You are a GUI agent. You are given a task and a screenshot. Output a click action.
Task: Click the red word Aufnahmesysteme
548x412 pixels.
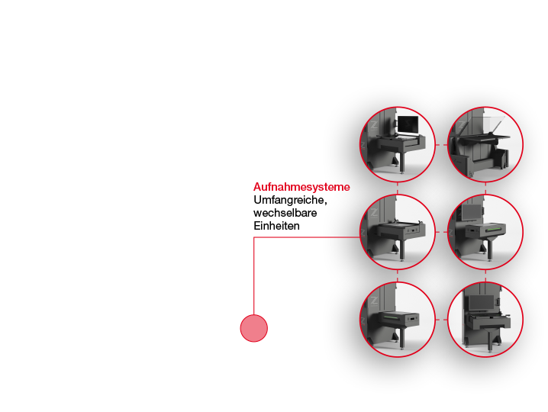(x=301, y=187)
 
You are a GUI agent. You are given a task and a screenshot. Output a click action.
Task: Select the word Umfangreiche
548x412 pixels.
(x=289, y=200)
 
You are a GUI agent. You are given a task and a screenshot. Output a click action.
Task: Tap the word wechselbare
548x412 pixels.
(x=285, y=213)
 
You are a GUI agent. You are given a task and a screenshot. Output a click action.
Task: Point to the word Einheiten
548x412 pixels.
(x=276, y=226)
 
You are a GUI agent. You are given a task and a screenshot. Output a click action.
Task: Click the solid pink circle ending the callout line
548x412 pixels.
(x=254, y=328)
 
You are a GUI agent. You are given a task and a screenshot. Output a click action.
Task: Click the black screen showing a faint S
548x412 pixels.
(x=408, y=125)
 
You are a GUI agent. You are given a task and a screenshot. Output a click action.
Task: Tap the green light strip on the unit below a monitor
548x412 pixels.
(x=494, y=229)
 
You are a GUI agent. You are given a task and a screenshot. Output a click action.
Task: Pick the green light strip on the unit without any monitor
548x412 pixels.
(x=392, y=317)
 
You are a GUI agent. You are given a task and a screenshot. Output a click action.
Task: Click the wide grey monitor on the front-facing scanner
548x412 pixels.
(x=482, y=303)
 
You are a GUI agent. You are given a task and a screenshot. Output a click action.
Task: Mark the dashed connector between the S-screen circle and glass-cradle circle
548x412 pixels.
(x=441, y=144)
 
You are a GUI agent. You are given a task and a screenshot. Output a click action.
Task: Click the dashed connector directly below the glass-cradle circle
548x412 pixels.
(x=485, y=188)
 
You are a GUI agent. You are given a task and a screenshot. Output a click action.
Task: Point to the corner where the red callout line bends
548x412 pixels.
(x=254, y=237)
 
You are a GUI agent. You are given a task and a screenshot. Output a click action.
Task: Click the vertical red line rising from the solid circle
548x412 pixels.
(x=254, y=276)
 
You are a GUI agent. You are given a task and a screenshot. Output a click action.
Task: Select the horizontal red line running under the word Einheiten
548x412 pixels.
(x=307, y=237)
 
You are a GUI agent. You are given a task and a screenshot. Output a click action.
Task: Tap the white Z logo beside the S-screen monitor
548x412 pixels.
(x=374, y=125)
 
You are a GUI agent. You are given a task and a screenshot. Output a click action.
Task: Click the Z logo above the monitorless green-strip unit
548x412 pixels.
(x=374, y=301)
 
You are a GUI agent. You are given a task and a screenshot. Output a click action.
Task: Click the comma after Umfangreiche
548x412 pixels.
(x=326, y=204)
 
